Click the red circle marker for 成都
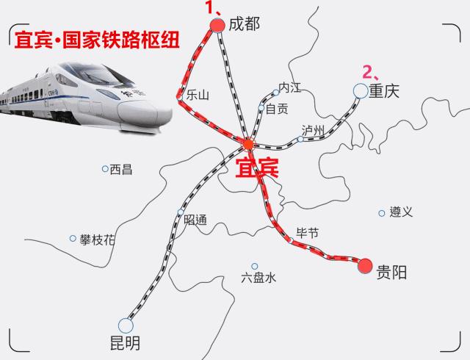[217, 25]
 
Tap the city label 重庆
[383, 91]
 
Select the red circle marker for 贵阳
[365, 266]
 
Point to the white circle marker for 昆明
[126, 325]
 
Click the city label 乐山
[198, 95]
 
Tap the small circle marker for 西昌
[105, 169]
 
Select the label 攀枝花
[98, 240]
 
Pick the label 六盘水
[258, 278]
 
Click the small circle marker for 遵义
[382, 213]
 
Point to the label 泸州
[313, 131]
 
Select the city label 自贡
[276, 109]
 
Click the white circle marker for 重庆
[360, 90]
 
